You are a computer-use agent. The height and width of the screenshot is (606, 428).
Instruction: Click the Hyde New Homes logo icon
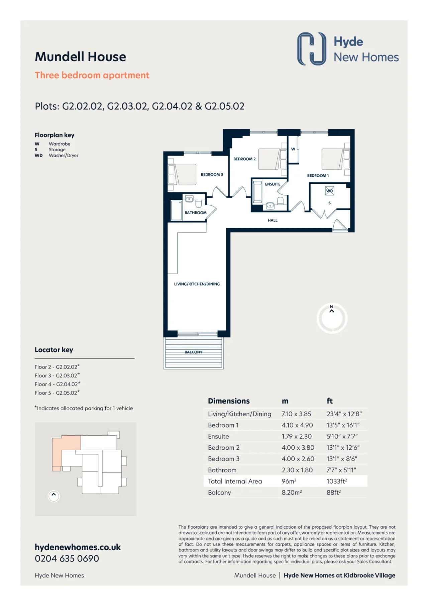312,49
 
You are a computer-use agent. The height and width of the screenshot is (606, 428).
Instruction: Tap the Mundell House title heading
81,57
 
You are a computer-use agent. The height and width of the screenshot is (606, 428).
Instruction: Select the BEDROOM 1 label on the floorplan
318,176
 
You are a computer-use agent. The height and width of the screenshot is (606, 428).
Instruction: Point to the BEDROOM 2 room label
244,159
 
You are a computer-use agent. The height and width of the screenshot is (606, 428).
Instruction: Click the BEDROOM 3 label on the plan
212,175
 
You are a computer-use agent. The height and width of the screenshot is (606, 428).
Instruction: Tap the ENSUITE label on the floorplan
273,184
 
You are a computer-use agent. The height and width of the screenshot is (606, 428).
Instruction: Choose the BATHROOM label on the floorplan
196,213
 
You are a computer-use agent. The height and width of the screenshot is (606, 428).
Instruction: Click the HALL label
273,221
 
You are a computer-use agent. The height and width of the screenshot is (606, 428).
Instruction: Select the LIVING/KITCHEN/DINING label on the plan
197,284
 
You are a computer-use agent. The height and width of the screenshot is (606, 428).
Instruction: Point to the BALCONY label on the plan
194,352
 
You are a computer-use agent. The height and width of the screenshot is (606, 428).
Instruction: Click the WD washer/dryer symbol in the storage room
330,191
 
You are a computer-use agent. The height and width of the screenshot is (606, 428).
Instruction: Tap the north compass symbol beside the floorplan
332,318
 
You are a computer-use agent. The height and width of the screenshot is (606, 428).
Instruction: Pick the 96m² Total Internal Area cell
289,481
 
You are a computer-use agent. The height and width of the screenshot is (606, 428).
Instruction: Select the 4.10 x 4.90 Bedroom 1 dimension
297,425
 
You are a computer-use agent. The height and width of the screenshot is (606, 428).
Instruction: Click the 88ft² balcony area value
334,493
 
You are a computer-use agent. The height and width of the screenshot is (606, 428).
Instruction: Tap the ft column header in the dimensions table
330,401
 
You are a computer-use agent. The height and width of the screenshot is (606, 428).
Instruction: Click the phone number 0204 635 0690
67,558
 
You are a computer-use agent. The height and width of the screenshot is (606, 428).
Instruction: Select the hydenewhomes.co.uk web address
78,547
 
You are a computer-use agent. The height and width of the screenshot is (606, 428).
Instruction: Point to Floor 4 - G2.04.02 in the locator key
58,384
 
